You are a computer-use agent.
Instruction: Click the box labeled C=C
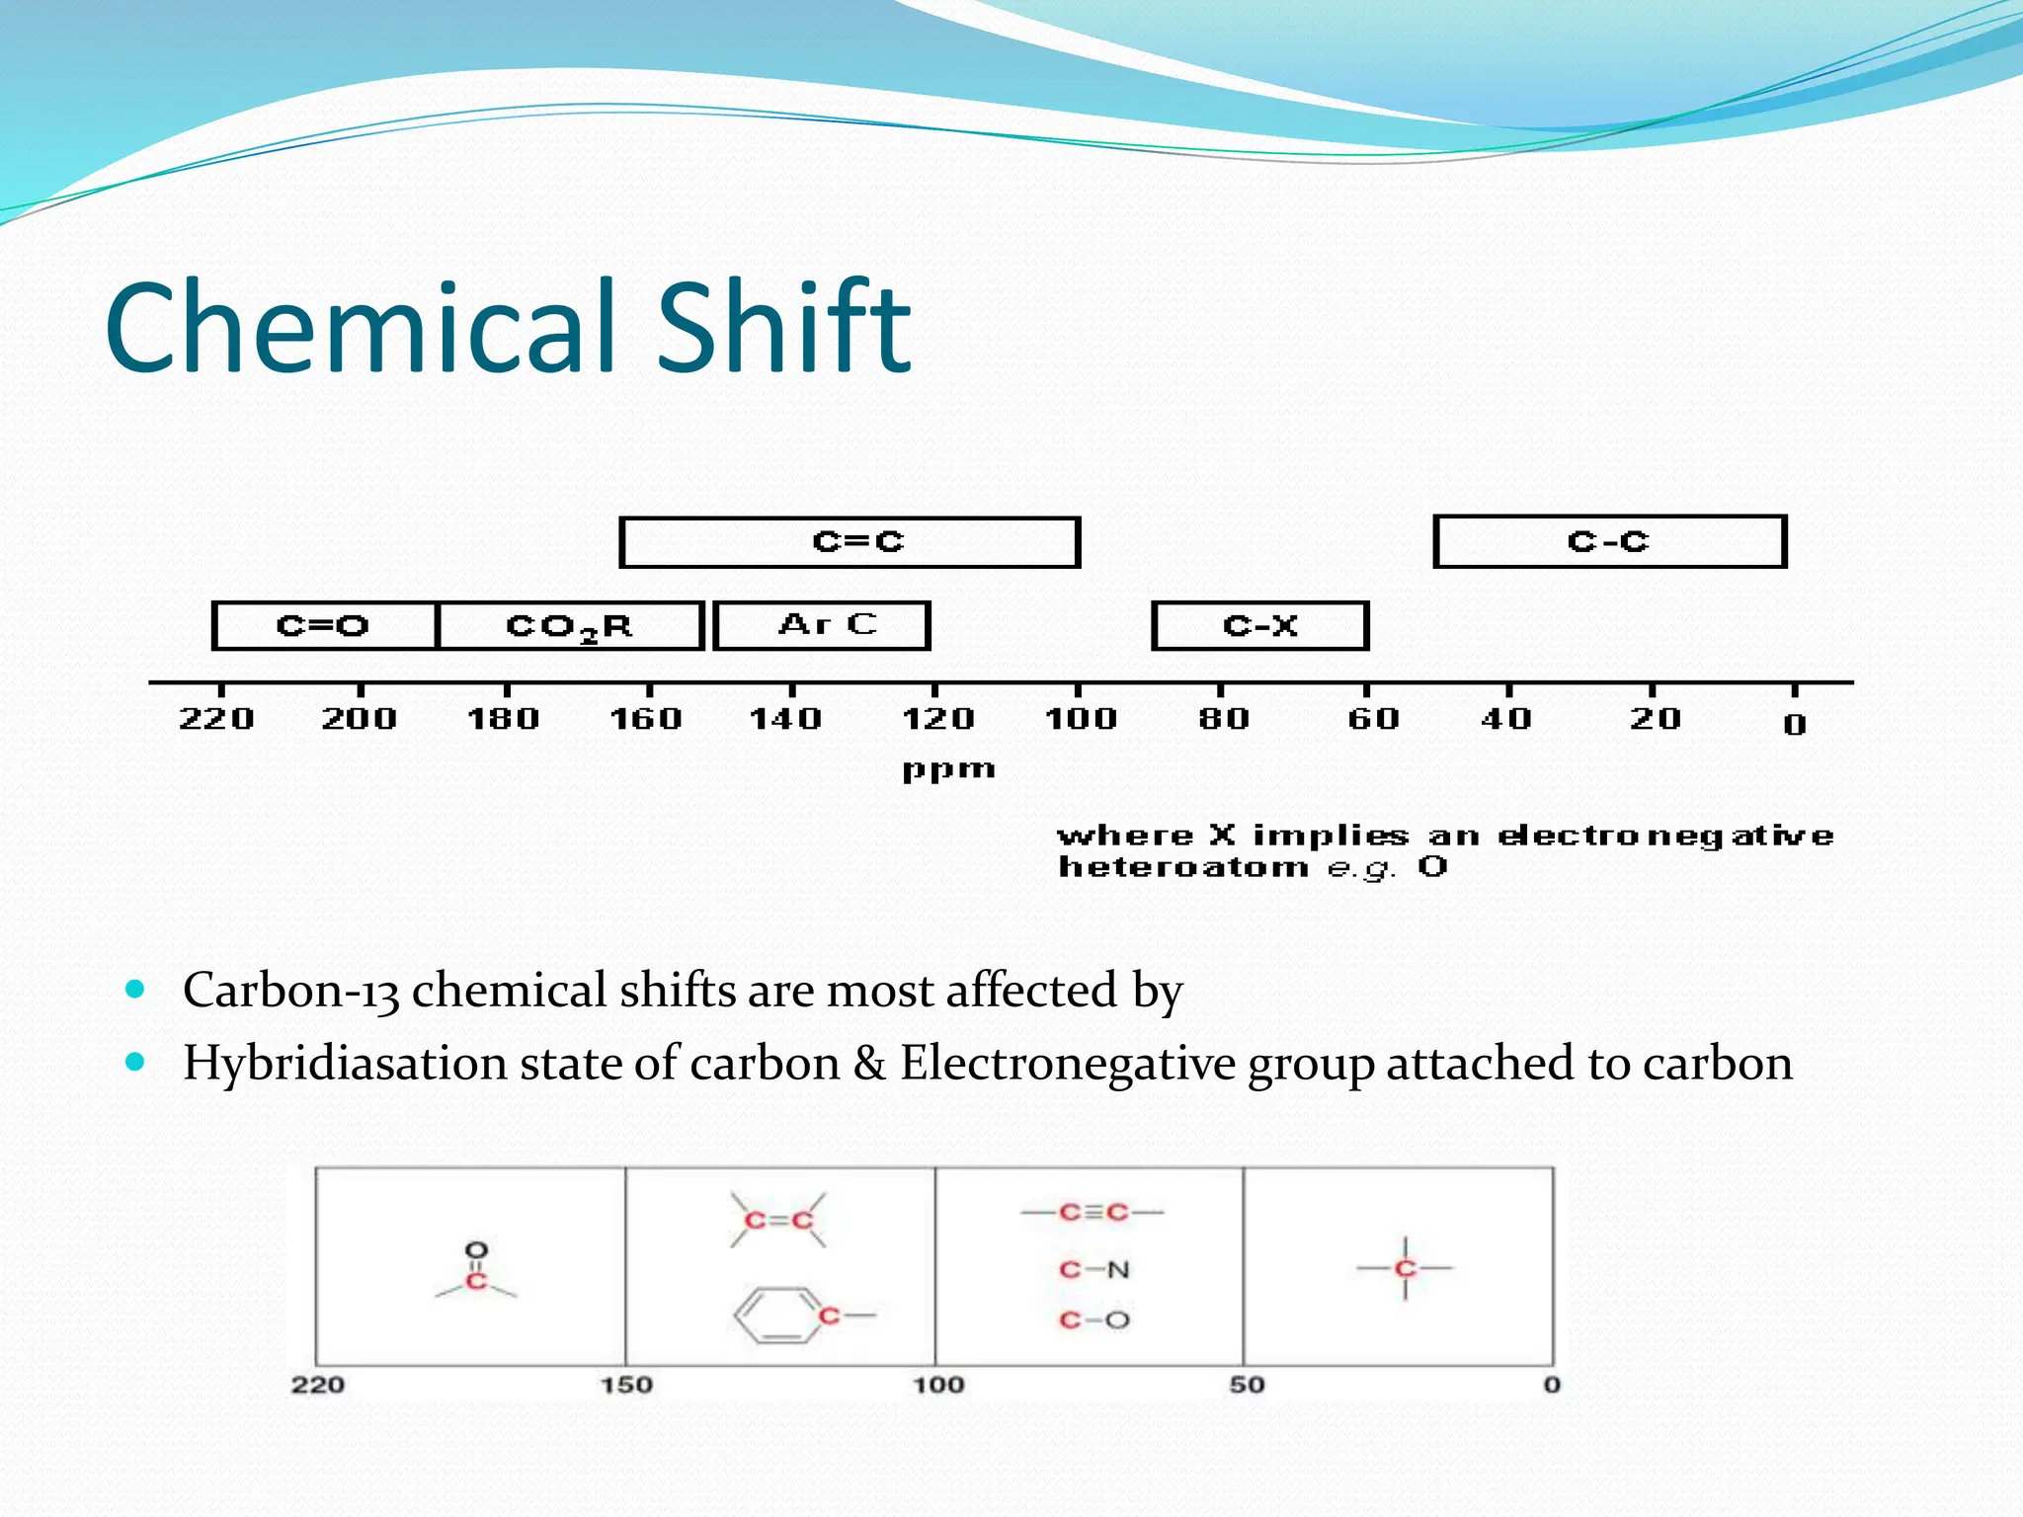pyautogui.click(x=850, y=542)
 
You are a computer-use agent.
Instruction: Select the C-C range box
pyautogui.click(x=1609, y=541)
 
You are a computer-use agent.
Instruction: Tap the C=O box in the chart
pyautogui.click(x=324, y=625)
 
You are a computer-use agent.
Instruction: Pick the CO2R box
pyautogui.click(x=570, y=625)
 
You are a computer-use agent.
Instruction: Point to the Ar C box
pyautogui.click(x=822, y=625)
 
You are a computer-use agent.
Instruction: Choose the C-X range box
pyautogui.click(x=1259, y=625)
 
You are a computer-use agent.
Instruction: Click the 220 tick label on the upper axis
pyautogui.click(x=216, y=718)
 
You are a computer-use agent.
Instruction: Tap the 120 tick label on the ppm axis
pyautogui.click(x=937, y=718)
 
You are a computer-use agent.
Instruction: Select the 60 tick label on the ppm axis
pyautogui.click(x=1373, y=718)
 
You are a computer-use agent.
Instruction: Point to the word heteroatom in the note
pyautogui.click(x=1182, y=867)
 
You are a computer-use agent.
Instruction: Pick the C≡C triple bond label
pyautogui.click(x=1092, y=1212)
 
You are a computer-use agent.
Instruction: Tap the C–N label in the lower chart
pyautogui.click(x=1093, y=1269)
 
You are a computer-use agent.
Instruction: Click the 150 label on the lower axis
pyautogui.click(x=626, y=1385)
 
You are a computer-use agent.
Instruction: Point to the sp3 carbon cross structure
pyautogui.click(x=1405, y=1268)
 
